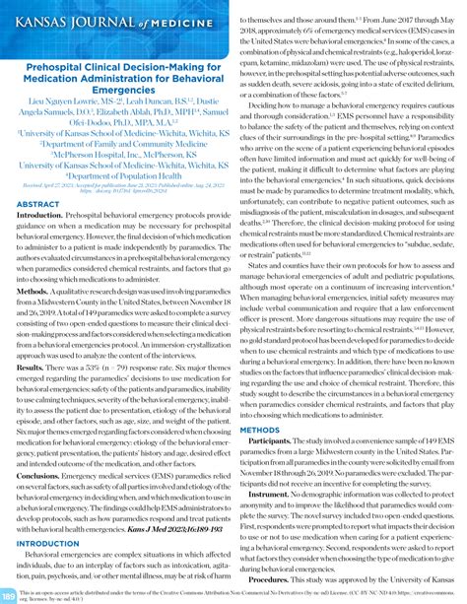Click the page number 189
coord(8,594)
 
